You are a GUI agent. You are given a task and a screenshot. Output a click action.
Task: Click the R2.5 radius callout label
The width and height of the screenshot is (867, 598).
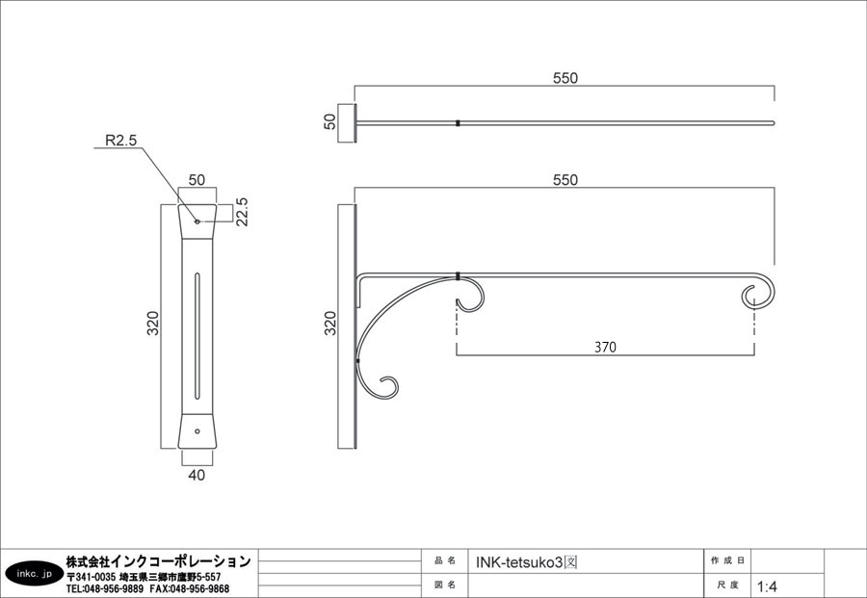coord(120,141)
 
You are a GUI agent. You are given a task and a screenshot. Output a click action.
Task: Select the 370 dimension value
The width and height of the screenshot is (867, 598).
coord(605,347)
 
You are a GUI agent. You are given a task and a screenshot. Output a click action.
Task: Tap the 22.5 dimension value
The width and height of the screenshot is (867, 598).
coord(242,212)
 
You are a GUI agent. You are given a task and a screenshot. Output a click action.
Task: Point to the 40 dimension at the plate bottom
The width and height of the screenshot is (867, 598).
coord(197,475)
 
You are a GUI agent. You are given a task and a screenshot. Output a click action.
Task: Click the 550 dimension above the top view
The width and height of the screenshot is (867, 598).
coord(565,78)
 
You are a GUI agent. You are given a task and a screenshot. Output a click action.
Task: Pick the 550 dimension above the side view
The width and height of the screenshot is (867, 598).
coord(565,180)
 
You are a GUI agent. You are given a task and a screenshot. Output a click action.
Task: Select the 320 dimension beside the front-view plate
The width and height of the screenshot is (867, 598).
coord(152,324)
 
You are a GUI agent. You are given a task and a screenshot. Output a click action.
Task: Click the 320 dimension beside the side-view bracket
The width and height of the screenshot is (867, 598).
coord(330,324)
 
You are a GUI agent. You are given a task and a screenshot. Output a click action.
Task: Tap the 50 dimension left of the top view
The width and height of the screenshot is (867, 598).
coord(329,121)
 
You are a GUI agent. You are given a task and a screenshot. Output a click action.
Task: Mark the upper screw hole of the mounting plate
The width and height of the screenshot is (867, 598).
coord(197,221)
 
